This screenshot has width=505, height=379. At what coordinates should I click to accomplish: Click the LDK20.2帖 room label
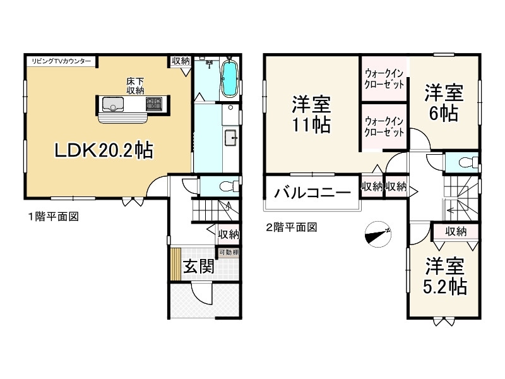tap(103, 150)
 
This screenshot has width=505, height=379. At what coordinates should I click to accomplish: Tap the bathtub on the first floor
tap(229, 78)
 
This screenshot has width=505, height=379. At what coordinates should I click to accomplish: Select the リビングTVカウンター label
tap(61, 61)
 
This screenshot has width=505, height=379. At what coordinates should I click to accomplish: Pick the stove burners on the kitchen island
tap(155, 104)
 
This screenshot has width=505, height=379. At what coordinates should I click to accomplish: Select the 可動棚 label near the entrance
tap(229, 253)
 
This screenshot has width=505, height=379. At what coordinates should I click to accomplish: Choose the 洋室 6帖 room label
tap(443, 102)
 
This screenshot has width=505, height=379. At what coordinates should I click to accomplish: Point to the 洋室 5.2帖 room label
tap(444, 275)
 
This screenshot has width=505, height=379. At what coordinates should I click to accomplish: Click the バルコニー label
tap(312, 193)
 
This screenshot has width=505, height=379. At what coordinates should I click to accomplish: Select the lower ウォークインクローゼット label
tap(384, 126)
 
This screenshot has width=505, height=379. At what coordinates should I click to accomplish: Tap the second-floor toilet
tap(466, 162)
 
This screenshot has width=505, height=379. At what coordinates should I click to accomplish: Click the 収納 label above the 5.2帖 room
tap(456, 232)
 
